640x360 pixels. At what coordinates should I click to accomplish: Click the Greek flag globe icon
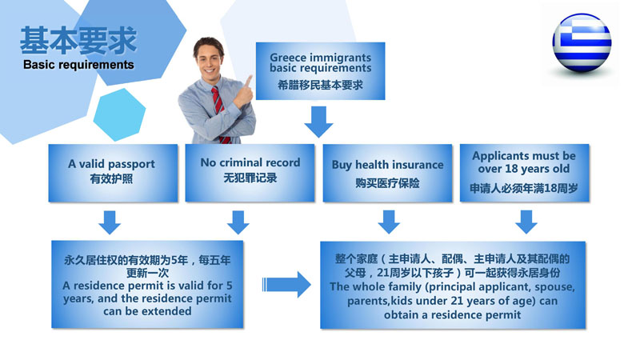coord(582,43)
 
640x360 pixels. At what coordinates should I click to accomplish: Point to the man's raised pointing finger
coord(248,82)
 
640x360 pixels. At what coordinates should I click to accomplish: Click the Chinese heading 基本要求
coord(78,41)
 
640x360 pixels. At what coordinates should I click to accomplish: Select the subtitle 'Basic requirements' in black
coord(78,65)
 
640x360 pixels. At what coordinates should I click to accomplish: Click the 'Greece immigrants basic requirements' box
coord(321,71)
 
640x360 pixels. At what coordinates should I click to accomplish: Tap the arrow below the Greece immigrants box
coord(318,122)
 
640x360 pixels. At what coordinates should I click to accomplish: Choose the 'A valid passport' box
coord(113,173)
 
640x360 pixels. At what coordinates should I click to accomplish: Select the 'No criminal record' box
coord(250,173)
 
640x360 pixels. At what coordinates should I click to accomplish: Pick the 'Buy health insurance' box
coord(387,173)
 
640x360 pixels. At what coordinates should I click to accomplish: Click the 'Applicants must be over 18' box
coord(525,173)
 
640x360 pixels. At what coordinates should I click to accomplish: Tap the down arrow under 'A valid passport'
coord(110,222)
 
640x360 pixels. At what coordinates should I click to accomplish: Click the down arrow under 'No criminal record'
coord(238,222)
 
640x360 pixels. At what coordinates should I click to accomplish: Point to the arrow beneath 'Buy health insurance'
coord(389,222)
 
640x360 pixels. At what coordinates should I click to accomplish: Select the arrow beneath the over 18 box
coord(526,222)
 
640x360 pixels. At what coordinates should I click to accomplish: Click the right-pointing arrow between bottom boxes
coord(286,285)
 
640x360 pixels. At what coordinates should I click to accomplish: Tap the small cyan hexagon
coord(119,114)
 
